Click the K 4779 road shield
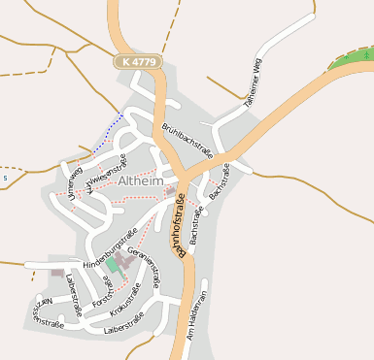(x=136, y=61)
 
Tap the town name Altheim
(x=144, y=181)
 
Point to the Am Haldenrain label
(x=201, y=312)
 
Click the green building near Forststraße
(x=112, y=264)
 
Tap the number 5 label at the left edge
(x=5, y=179)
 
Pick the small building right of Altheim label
(x=171, y=191)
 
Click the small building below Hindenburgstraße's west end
(x=57, y=273)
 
